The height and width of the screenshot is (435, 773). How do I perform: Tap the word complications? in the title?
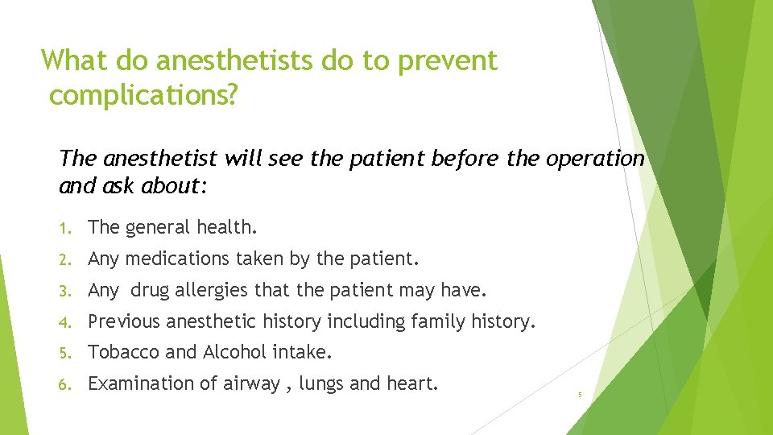143,96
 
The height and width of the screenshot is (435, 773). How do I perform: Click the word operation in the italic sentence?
595,159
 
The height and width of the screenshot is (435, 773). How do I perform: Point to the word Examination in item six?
139,384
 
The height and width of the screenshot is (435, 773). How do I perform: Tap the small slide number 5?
579,395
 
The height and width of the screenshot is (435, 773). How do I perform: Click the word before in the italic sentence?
466,159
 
